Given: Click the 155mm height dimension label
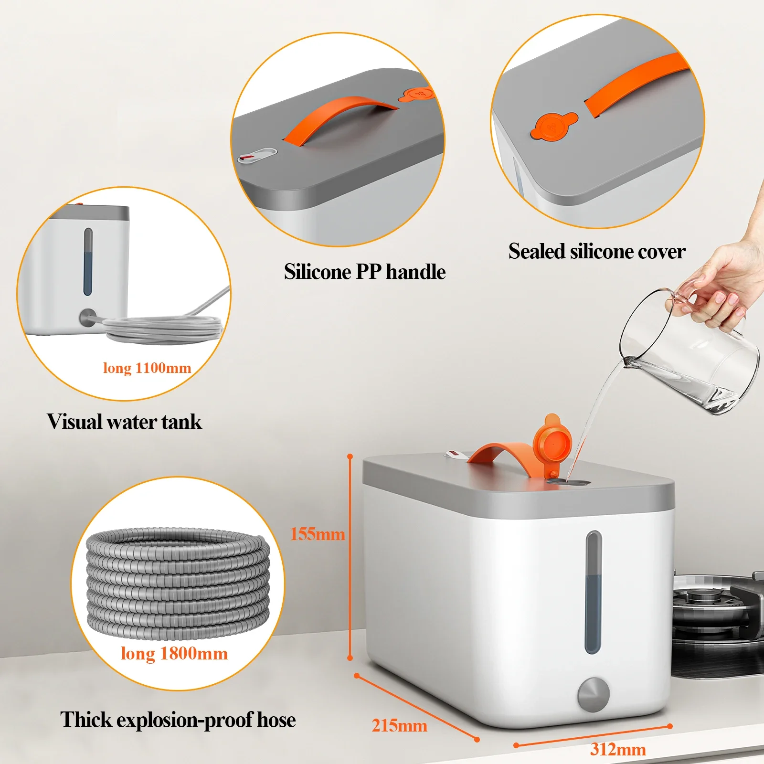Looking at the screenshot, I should click(x=318, y=534).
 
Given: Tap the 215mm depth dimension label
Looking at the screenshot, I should click(x=399, y=726).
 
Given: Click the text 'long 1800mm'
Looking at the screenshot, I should click(x=174, y=653).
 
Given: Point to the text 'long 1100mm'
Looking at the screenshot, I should click(x=147, y=368).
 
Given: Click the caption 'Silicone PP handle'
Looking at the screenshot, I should click(x=364, y=272).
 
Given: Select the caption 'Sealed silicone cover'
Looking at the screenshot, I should click(x=596, y=251).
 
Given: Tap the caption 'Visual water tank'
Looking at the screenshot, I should click(x=124, y=422).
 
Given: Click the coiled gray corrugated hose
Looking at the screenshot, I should click(x=178, y=583).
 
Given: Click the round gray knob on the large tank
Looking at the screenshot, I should click(x=594, y=694).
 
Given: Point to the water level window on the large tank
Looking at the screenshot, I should click(x=593, y=592).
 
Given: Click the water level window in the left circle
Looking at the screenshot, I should click(x=88, y=262).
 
